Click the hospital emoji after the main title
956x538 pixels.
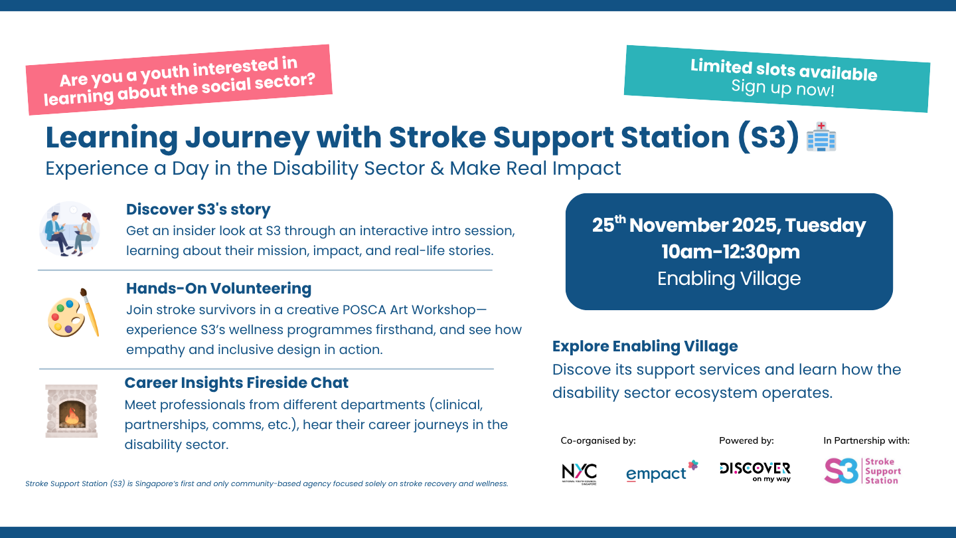coord(821,137)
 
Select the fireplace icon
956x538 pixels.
coord(71,410)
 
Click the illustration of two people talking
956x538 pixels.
coord(69,230)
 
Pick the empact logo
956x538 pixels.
coord(662,472)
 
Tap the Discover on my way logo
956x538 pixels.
coord(756,472)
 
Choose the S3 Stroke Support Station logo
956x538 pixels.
coord(862,471)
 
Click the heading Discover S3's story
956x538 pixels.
coord(199,209)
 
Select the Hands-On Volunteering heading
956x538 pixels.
coord(218,288)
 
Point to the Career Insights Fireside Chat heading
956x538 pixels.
coord(236,383)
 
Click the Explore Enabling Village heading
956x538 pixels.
coord(645,346)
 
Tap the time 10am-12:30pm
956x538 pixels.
coord(730,252)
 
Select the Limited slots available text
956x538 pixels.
coord(784,69)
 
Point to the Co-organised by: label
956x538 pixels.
coord(598,440)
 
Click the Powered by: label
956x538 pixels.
coord(746,440)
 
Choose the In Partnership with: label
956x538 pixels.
coord(866,440)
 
